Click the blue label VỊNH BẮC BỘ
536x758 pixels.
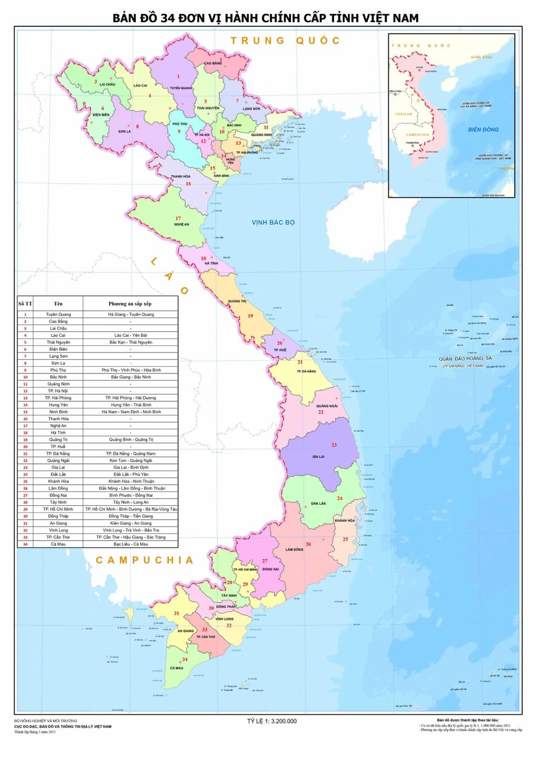coord(273,222)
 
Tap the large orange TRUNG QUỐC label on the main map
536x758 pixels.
coord(285,40)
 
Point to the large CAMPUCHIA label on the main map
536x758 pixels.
coord(145,560)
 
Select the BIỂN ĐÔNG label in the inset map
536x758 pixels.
coord(483,129)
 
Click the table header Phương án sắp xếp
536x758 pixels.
coord(130,304)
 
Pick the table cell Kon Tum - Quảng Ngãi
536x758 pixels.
coord(130,460)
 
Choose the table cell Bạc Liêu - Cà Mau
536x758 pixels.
coord(130,544)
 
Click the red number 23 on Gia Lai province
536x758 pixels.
coord(334,445)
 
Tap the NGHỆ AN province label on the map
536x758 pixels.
coord(181,224)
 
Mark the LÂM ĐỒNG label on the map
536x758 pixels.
coord(294,549)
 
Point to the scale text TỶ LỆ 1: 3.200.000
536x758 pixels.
coord(272,721)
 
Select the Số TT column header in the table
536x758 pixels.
coord(25,304)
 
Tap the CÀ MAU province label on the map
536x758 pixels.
coord(177,668)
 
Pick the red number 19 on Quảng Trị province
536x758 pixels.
coord(250,316)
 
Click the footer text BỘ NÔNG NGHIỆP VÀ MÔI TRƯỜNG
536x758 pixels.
coord(46,721)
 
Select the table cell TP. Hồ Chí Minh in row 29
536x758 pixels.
coord(58,509)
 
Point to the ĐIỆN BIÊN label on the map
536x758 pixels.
coord(101,115)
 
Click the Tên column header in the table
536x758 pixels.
coord(58,304)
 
